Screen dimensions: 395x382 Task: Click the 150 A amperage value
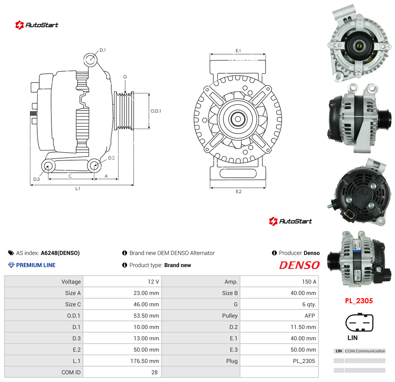coord(309,282)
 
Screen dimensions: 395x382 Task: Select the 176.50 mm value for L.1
coord(144,361)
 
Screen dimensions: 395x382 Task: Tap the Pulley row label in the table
coord(230,316)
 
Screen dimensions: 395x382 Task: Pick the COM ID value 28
coord(155,372)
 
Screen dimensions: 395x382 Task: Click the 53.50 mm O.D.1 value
coord(146,316)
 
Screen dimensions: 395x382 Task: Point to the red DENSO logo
coord(299,265)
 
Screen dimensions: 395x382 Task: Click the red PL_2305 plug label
coord(359,301)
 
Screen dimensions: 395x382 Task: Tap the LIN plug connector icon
coord(359,323)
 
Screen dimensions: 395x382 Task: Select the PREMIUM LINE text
coord(36,265)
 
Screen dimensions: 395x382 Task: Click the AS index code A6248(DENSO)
coord(60,253)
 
